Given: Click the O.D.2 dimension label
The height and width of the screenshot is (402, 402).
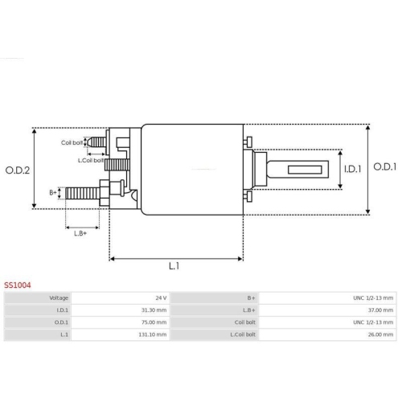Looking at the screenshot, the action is coord(18,170).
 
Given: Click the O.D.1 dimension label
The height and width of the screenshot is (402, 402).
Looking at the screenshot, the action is coord(385,166).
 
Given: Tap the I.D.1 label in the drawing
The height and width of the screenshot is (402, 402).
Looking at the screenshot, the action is coord(353,169).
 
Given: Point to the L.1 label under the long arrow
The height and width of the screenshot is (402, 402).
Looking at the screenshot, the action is coord(174,266).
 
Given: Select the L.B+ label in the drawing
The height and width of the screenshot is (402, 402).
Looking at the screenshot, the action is coord(80,233).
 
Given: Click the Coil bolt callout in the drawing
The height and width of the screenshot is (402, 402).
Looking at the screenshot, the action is coord(72,142).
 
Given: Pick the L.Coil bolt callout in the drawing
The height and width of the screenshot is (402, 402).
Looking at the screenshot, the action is coord(91,161).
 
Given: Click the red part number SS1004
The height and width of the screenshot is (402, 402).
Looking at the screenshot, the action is coord(18,285).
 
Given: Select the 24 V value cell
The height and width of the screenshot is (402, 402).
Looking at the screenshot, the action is coord(121,297).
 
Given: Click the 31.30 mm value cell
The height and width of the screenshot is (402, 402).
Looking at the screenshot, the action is coord(121,310).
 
